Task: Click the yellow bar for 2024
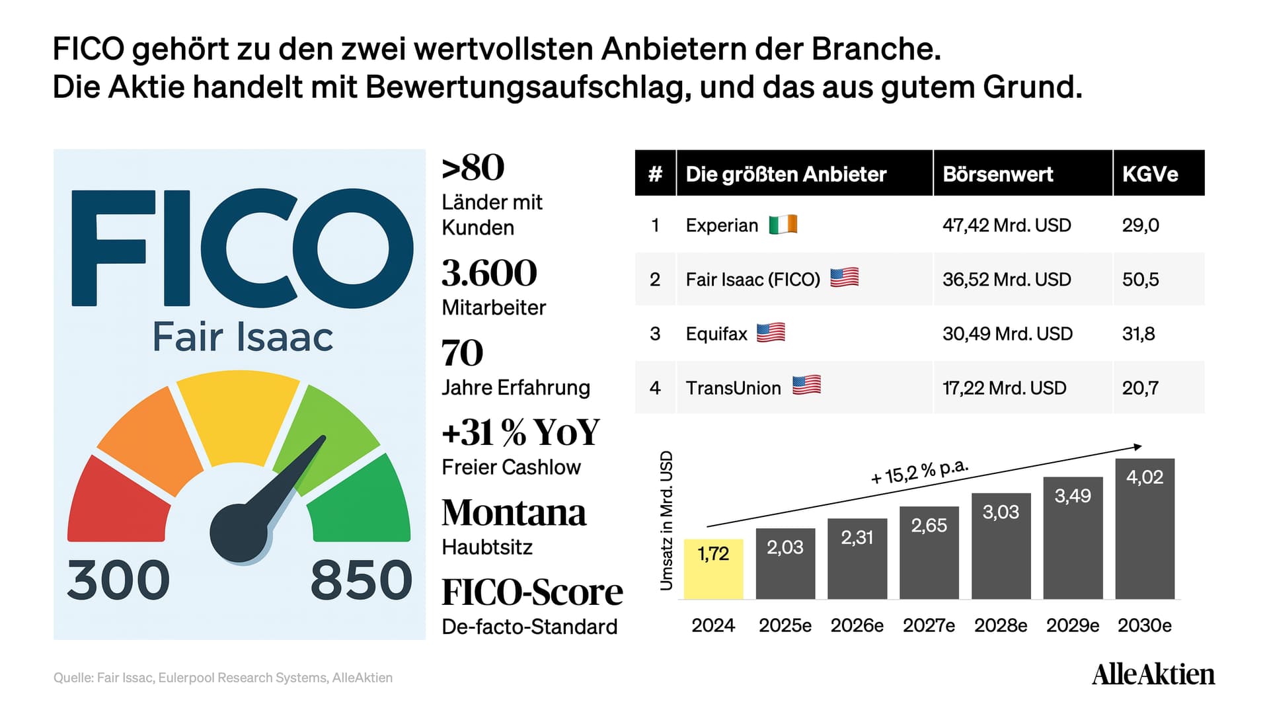(713, 569)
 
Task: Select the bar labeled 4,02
(1145, 529)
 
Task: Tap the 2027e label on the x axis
(929, 625)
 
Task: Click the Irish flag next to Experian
(783, 225)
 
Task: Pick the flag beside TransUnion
(806, 385)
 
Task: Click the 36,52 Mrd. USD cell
(1007, 280)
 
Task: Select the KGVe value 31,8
(1138, 334)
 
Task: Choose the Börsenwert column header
(998, 174)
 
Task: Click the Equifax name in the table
(716, 334)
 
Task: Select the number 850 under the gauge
(362, 580)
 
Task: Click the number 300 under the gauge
(118, 580)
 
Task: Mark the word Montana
(514, 513)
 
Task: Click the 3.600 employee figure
(489, 273)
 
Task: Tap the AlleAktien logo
(1153, 674)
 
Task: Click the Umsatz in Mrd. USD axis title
(666, 520)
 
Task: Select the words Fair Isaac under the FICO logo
(243, 337)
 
